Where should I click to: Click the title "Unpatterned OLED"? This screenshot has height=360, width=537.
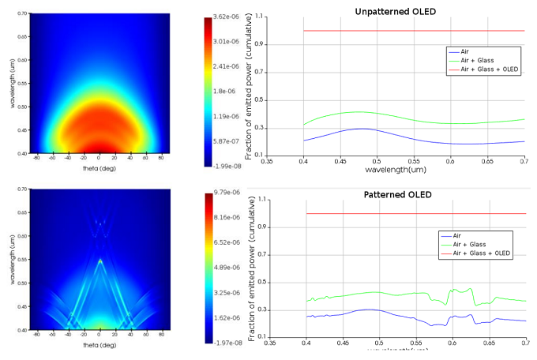tap(395, 11)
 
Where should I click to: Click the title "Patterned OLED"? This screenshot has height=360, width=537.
tap(398, 194)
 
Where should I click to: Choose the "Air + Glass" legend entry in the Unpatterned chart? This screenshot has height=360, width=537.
tap(476, 60)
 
